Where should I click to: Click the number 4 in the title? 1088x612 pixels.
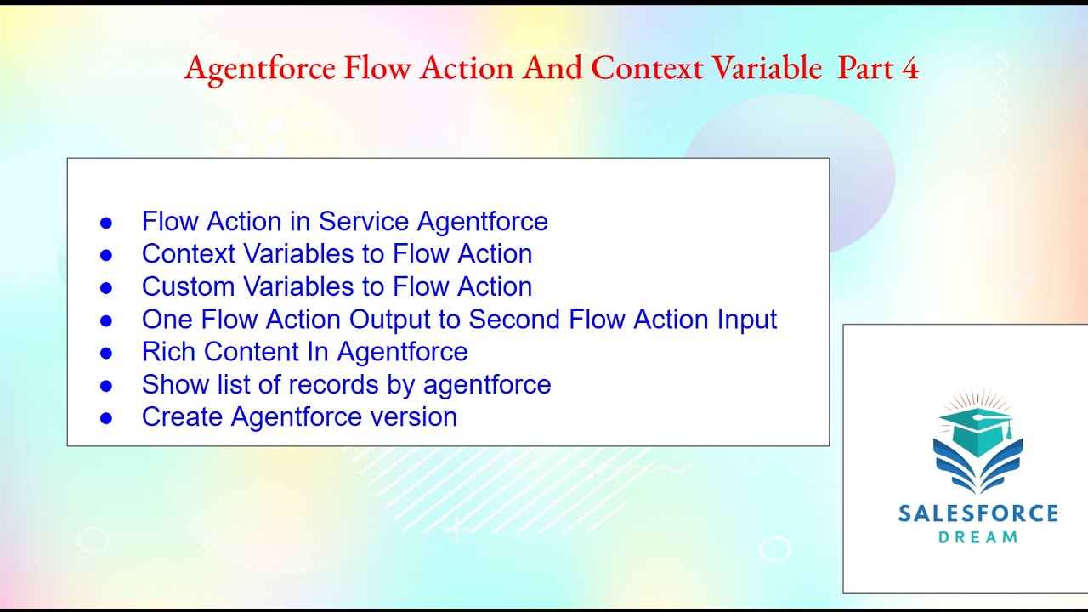(x=910, y=69)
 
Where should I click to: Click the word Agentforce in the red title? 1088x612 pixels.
(x=259, y=69)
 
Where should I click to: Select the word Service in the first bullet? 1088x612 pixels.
(x=365, y=222)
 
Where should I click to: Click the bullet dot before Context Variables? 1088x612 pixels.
(x=106, y=255)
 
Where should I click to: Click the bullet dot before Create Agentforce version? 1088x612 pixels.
(x=106, y=418)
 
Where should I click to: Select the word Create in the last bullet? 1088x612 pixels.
(x=183, y=417)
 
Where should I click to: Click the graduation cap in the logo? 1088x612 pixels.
(x=977, y=429)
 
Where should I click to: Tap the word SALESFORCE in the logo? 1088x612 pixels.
(x=977, y=513)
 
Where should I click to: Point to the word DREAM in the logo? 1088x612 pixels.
(x=977, y=537)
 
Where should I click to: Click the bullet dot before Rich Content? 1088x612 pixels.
(x=106, y=353)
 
